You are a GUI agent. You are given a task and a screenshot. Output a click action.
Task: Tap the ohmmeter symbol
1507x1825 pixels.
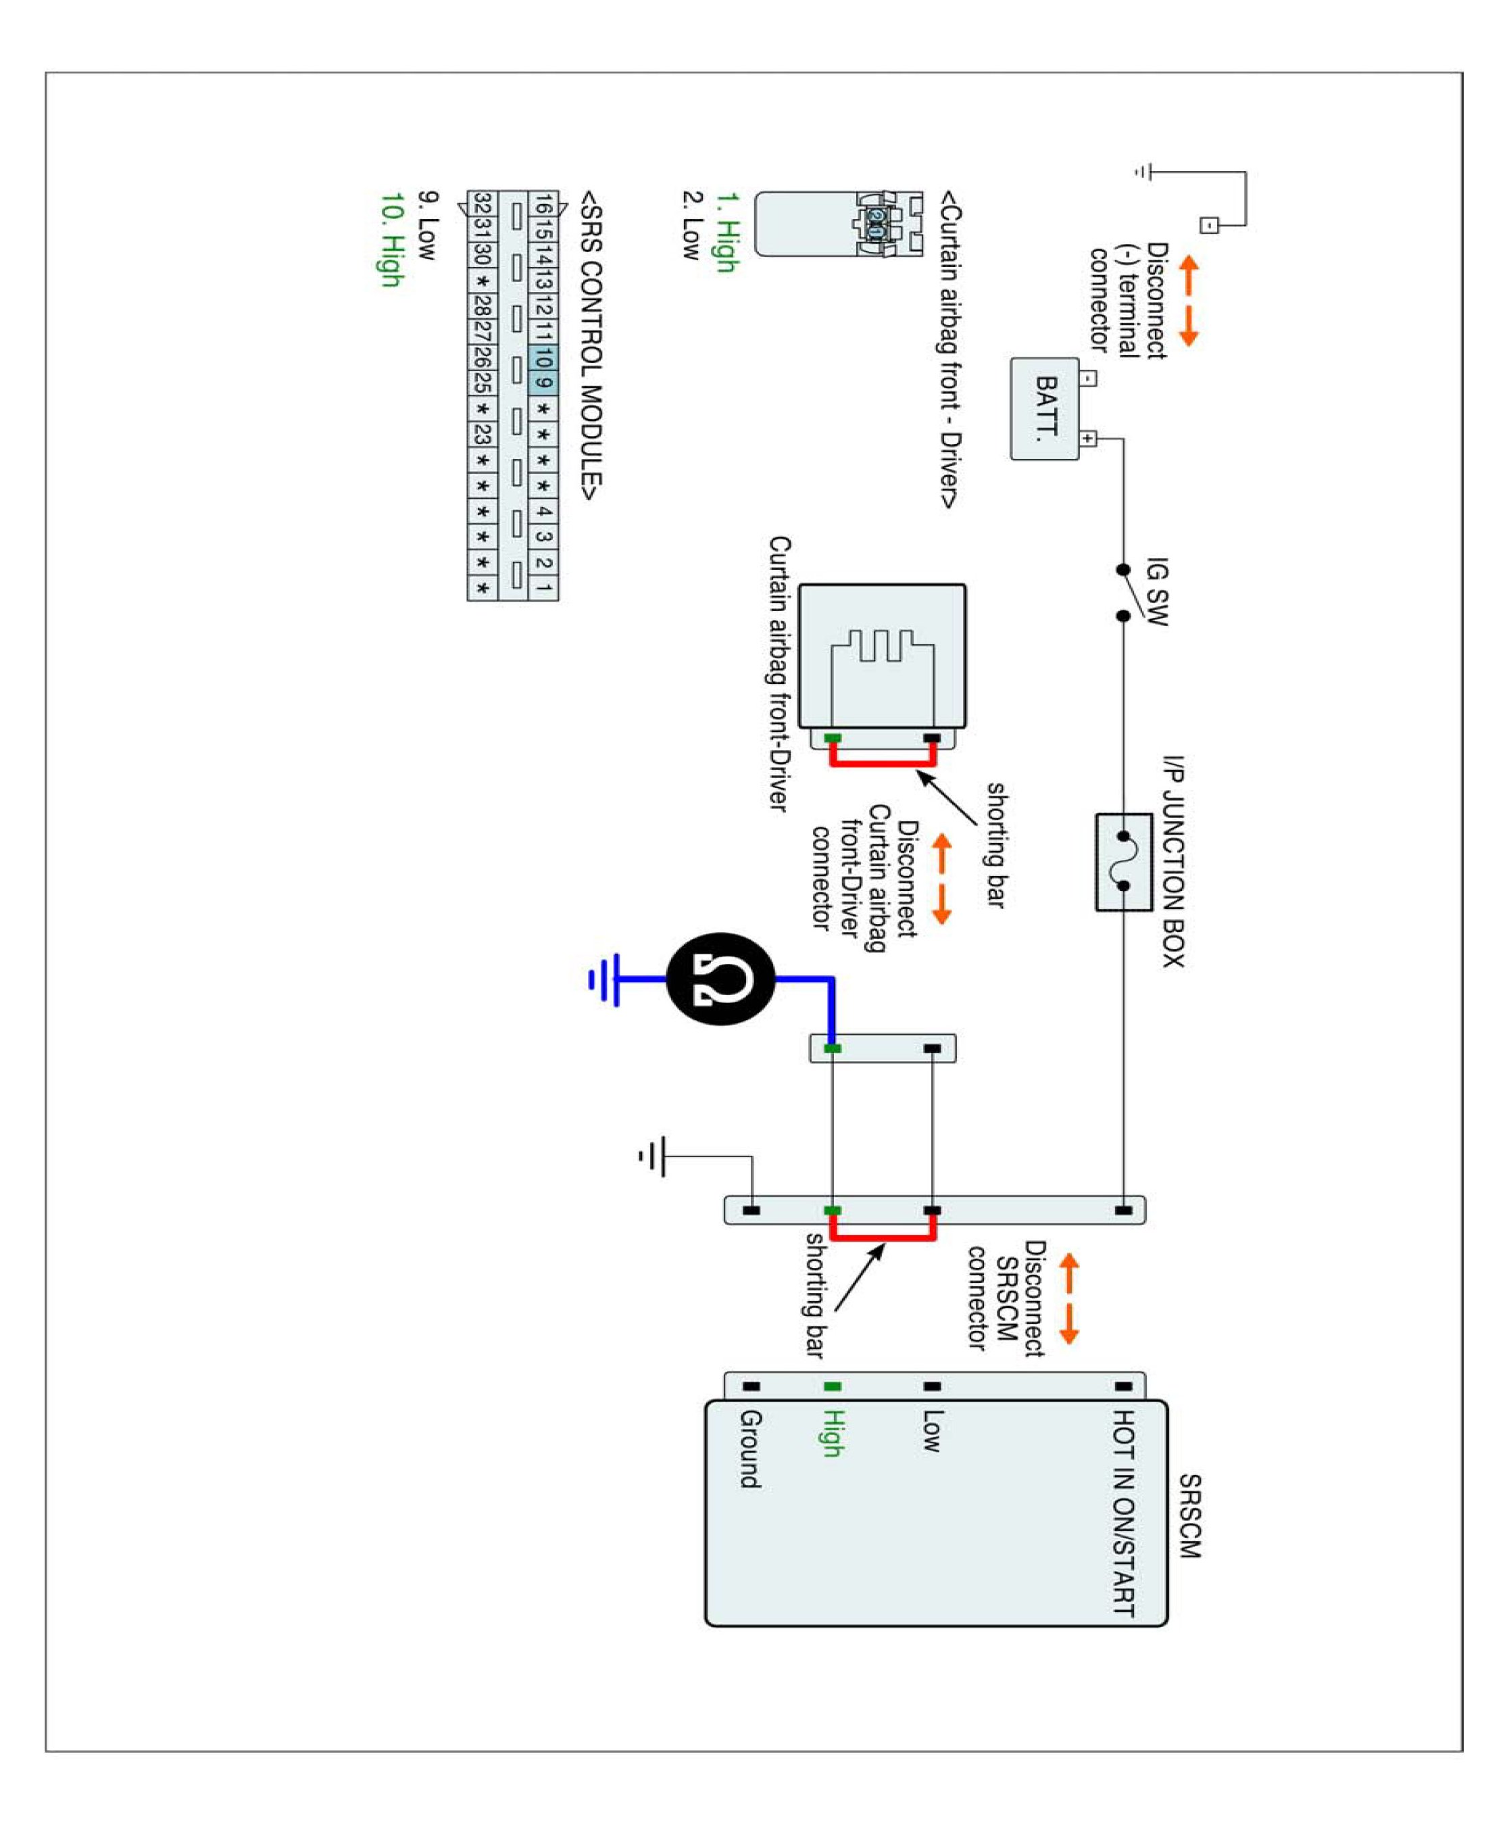(x=720, y=979)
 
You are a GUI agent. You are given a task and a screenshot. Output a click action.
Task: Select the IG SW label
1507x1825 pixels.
(x=1157, y=591)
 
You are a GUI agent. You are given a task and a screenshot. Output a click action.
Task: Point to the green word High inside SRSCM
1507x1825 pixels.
(x=833, y=1432)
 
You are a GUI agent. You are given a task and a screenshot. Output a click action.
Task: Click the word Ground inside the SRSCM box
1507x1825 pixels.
(x=751, y=1449)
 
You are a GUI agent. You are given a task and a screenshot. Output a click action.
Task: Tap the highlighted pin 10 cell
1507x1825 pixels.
(x=543, y=358)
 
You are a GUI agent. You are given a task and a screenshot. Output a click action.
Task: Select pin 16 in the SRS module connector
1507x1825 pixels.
(x=543, y=205)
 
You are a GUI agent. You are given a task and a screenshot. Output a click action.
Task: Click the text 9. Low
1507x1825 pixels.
(x=428, y=225)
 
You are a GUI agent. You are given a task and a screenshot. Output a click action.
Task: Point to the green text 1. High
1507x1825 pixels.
(x=726, y=232)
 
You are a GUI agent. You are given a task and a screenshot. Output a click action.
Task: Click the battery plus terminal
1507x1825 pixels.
(x=1088, y=439)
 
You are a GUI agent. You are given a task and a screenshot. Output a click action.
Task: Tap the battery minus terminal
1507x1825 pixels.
(x=1088, y=378)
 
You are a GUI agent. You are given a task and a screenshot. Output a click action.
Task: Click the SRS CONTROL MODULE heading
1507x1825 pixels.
(x=591, y=345)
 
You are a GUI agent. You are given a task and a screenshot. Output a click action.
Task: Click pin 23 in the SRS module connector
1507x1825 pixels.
(x=483, y=433)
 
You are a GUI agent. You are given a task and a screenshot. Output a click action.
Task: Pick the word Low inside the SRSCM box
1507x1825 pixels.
(x=931, y=1431)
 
